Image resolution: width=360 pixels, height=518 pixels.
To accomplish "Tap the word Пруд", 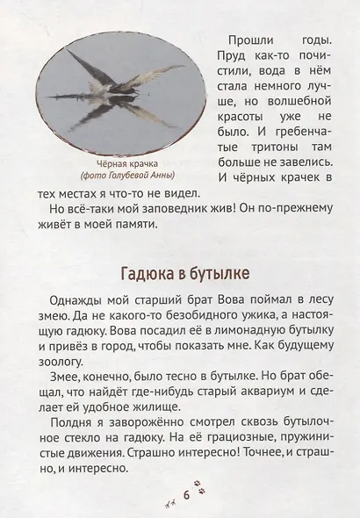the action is (230, 58).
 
